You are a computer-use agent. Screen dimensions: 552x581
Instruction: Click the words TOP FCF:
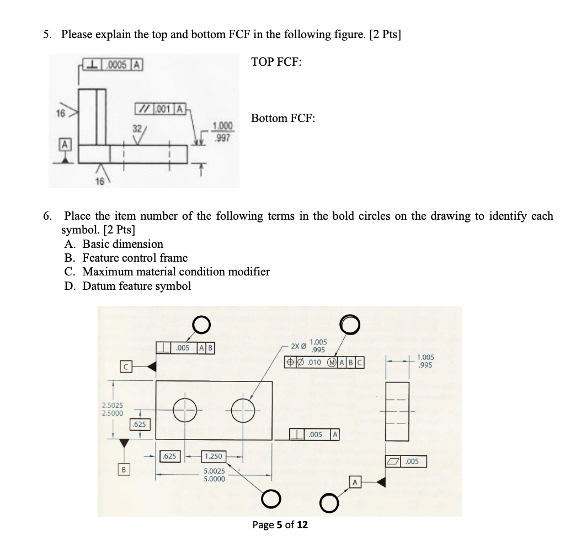click(x=276, y=62)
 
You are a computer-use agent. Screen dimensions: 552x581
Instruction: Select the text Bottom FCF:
click(x=283, y=118)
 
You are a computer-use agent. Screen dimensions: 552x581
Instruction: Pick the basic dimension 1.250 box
click(x=214, y=457)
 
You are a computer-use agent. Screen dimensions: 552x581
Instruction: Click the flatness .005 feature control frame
click(x=406, y=461)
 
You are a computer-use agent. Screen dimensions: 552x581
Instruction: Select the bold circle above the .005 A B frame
click(x=200, y=324)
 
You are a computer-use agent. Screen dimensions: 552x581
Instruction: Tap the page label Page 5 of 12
click(x=280, y=524)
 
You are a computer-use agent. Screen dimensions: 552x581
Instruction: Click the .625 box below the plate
click(x=169, y=457)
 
